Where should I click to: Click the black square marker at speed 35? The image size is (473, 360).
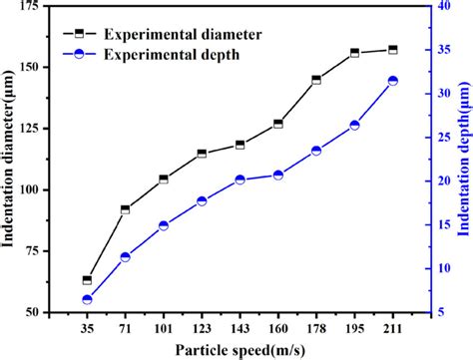87,280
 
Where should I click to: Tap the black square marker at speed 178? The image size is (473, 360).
316,80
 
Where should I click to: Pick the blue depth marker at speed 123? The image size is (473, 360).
202,200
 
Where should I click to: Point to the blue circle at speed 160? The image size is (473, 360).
277,175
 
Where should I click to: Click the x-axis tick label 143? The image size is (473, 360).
239,327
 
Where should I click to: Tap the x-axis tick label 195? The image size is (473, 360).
354,327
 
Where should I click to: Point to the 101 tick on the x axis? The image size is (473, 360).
164,327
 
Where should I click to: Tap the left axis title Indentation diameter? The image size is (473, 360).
11,160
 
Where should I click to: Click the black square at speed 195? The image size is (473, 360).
354,53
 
